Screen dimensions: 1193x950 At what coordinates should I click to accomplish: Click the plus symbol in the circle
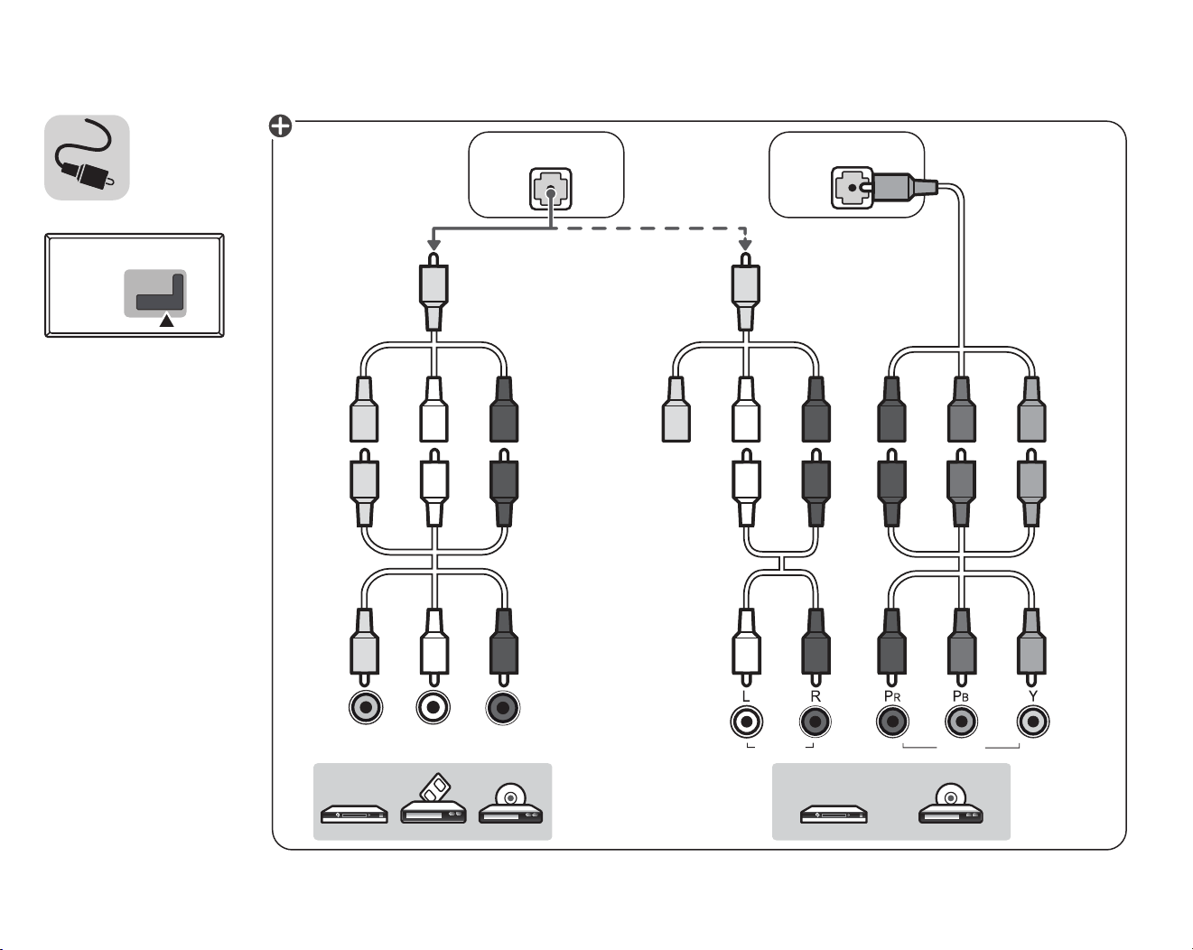pos(281,126)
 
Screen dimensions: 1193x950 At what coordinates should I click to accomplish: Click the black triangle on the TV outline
pos(167,321)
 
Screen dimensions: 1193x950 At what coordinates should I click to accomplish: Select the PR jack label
pos(892,696)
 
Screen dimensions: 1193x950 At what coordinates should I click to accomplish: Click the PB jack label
pos(961,696)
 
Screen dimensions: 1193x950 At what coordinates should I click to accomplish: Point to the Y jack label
pos(1032,696)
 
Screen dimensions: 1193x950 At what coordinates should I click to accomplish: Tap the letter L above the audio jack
pos(746,697)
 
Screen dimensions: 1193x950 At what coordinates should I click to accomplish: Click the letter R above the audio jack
pos(816,697)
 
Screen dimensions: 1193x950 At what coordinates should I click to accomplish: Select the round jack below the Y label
pos(1033,722)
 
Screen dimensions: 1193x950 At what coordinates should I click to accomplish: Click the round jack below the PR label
pos(892,722)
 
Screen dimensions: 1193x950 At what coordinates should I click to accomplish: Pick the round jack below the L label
pos(746,722)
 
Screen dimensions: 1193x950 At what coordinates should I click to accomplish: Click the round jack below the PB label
pos(961,722)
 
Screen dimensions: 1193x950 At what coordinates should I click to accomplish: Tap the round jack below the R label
pos(815,722)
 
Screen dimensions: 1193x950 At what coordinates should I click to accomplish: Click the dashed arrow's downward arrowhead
pos(746,245)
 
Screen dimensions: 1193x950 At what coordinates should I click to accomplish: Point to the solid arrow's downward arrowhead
pos(434,245)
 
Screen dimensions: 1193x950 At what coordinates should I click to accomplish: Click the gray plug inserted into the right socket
pos(902,187)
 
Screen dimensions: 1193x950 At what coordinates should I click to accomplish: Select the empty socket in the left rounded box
pos(551,189)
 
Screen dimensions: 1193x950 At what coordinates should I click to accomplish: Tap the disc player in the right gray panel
pos(951,804)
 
